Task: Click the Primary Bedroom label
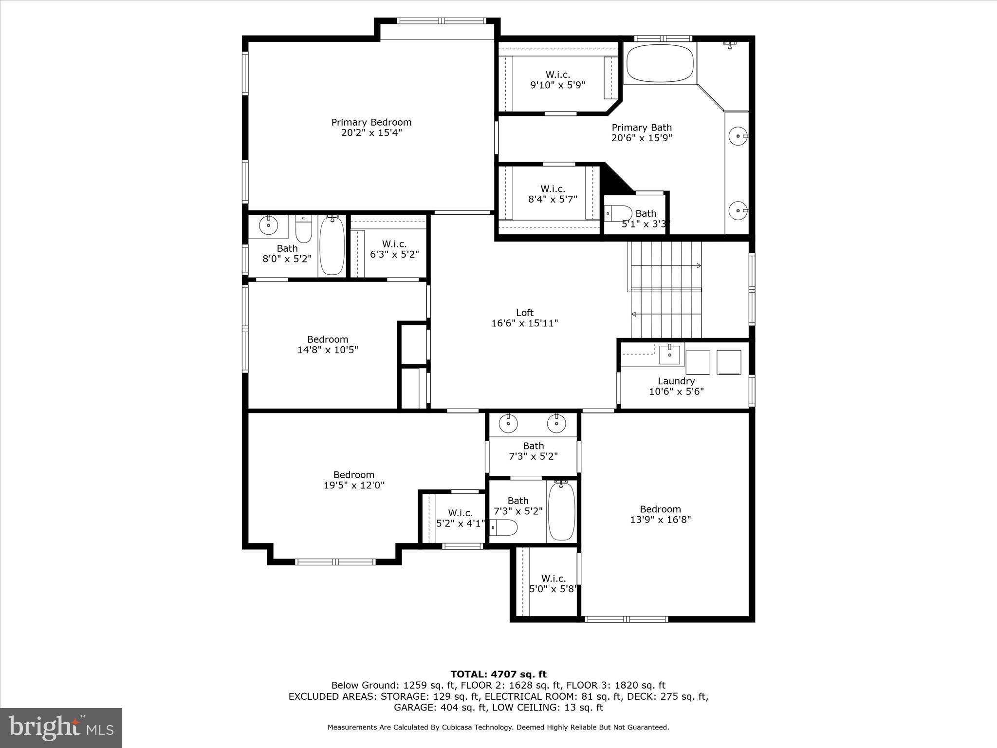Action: point(371,122)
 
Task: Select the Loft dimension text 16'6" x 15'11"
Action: point(524,323)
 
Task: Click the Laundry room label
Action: point(676,381)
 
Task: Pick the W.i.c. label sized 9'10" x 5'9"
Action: point(557,75)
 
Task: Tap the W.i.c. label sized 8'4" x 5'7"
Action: point(553,188)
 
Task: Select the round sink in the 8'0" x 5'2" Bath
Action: point(268,225)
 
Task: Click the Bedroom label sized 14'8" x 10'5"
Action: point(327,339)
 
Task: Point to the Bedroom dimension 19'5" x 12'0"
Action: point(354,485)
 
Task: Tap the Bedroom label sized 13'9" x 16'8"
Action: point(660,509)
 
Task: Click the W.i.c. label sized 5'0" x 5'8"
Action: point(554,579)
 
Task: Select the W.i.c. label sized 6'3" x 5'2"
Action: point(394,244)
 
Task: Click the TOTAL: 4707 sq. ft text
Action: point(498,674)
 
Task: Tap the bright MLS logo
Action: point(61,728)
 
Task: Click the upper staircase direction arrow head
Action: point(699,266)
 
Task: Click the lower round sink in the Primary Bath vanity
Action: point(738,210)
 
